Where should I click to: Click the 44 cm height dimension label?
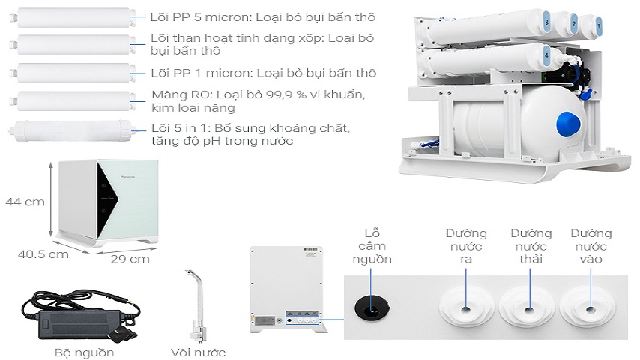(x=24, y=202)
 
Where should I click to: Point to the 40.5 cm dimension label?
(x=43, y=253)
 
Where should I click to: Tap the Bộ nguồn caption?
(x=85, y=351)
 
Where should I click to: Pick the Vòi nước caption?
(x=199, y=351)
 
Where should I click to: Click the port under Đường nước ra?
(x=465, y=308)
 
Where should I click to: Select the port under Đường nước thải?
(x=529, y=308)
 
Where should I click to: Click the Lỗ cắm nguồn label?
(x=372, y=246)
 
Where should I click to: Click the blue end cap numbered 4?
(x=546, y=56)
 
